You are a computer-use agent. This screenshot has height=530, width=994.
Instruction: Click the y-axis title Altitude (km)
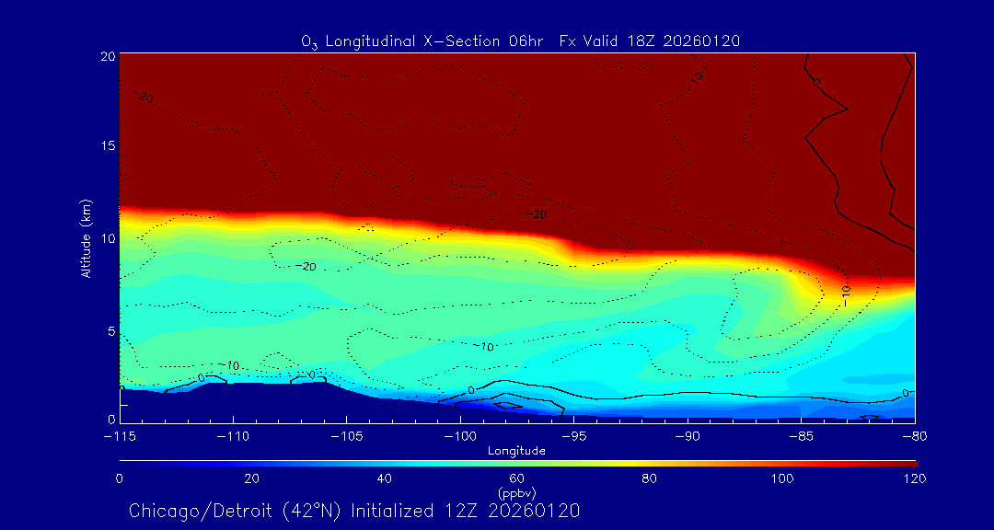coord(87,238)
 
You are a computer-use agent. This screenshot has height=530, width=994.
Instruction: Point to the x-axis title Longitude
coord(516,451)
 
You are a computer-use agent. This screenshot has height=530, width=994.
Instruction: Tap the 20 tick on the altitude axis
coord(108,56)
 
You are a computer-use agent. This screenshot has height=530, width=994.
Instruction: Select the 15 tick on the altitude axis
coord(108,147)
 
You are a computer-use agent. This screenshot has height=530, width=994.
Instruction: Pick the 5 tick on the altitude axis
coord(110,330)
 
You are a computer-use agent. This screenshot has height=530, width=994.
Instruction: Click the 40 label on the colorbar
coord(385,478)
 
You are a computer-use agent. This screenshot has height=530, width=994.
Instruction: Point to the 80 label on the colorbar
coord(651,478)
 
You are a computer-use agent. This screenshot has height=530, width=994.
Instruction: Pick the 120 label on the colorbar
coord(915,478)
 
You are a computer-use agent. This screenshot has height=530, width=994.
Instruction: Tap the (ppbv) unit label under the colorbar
coord(516,492)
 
